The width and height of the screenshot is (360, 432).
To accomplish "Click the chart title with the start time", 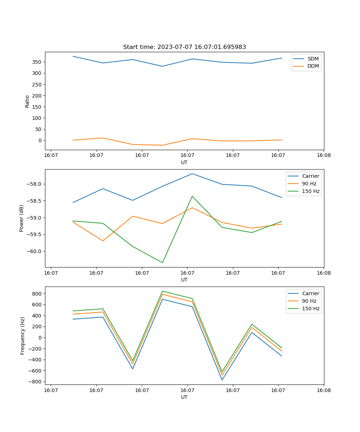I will click(184, 47).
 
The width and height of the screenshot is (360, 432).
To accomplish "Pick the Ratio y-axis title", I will click(27, 101).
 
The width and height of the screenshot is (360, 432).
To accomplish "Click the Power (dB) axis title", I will click(22, 218).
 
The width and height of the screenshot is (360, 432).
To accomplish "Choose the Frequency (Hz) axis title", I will click(22, 336).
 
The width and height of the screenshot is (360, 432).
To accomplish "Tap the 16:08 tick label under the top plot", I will click(323, 156).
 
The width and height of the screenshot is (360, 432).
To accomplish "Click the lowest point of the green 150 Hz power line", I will click(162, 262).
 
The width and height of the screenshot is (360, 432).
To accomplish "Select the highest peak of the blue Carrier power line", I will click(192, 174).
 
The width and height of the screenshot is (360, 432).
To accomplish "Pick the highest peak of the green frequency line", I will click(162, 291).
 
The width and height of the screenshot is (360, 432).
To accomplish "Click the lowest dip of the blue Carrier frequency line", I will click(222, 380).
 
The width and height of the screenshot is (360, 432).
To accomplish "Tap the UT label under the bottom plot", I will click(184, 397).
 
